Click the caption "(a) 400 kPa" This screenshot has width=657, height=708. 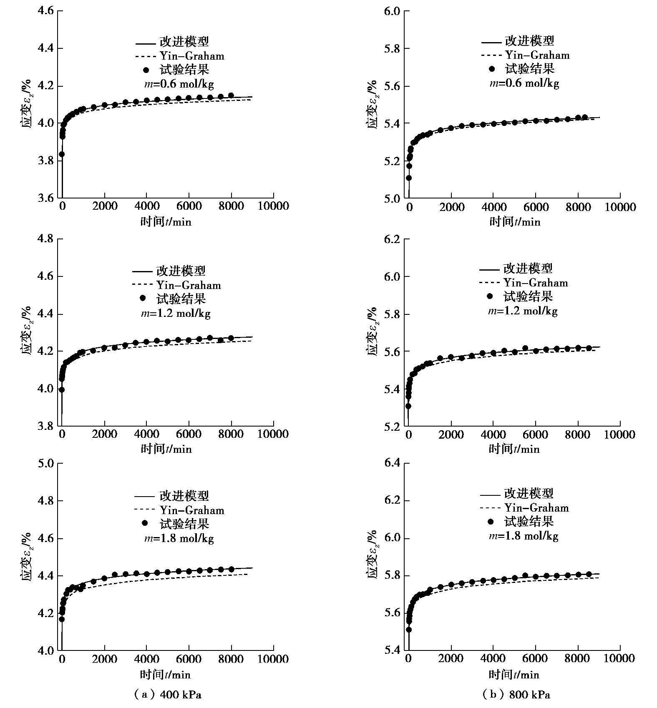(x=167, y=694)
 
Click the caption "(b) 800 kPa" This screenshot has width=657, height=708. (x=516, y=694)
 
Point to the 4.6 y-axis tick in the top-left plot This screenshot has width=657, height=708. (x=45, y=11)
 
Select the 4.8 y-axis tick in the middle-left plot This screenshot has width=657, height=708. (x=45, y=239)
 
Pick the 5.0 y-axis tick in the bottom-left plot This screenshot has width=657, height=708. (x=45, y=463)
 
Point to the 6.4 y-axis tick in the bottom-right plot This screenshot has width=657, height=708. (x=392, y=463)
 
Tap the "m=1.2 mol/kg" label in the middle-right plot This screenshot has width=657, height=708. (x=523, y=311)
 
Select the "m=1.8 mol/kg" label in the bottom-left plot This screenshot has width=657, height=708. (x=179, y=538)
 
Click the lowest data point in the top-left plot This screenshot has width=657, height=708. (x=62, y=154)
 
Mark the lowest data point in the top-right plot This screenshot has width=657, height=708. (x=409, y=178)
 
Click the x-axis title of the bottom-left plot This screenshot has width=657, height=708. (x=165, y=675)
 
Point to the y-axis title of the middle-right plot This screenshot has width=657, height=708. (x=372, y=332)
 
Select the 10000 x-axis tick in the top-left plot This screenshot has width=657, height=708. (x=274, y=206)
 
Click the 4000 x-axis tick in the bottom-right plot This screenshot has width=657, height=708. (x=493, y=659)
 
